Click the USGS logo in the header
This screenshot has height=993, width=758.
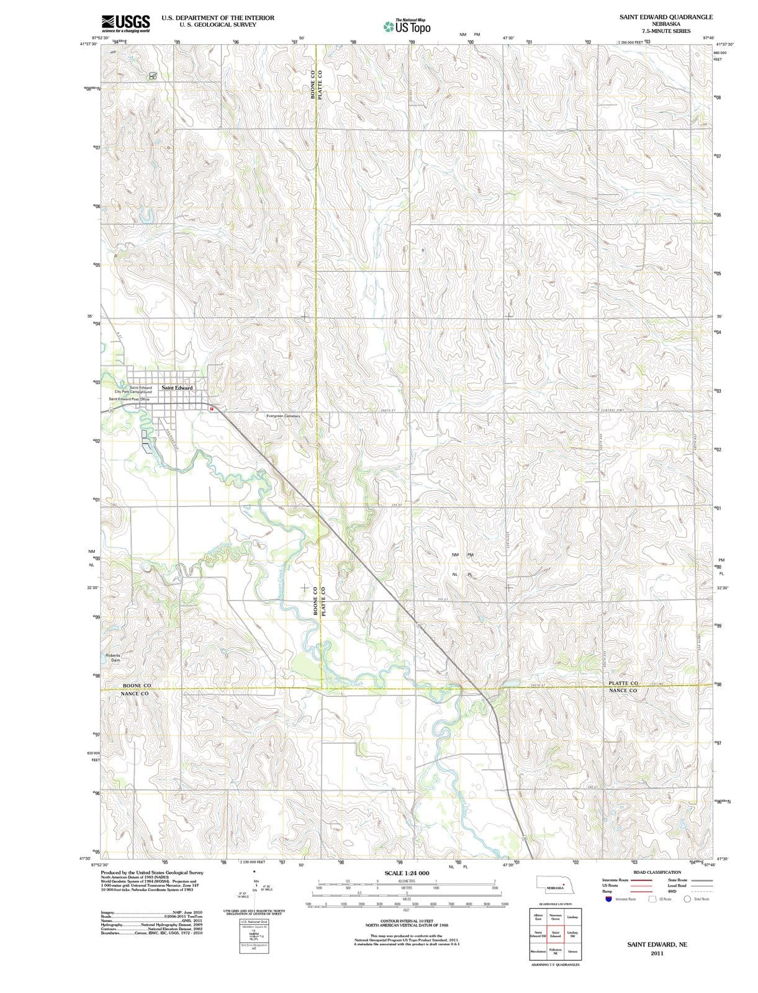(x=125, y=23)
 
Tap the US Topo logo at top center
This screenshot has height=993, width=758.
(x=407, y=26)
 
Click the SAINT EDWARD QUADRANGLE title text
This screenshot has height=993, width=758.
(x=666, y=17)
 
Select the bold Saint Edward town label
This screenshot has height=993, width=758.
(x=177, y=388)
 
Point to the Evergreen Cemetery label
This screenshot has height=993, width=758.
(x=282, y=416)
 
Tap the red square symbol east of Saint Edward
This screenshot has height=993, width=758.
(x=212, y=409)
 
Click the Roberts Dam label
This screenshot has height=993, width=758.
(x=113, y=658)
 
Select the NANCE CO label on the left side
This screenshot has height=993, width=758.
(x=134, y=693)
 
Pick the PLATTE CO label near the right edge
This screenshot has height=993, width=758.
(x=623, y=683)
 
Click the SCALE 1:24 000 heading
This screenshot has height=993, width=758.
(x=407, y=873)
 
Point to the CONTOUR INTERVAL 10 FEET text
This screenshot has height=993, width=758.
(x=406, y=920)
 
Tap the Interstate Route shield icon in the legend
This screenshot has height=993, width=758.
(x=609, y=899)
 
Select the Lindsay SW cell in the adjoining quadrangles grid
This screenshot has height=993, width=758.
(x=573, y=935)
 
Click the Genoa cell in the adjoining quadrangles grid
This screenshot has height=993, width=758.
(x=573, y=952)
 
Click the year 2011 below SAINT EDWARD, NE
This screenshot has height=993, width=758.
(x=657, y=953)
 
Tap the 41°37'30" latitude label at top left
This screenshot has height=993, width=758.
(x=88, y=44)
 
